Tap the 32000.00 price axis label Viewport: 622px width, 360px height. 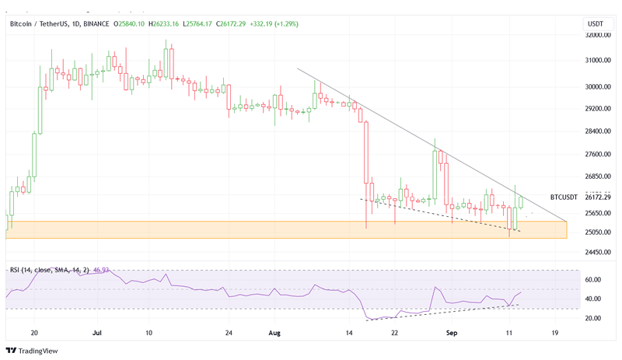(596, 35)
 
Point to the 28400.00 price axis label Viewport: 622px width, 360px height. (596, 131)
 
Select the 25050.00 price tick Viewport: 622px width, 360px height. (596, 232)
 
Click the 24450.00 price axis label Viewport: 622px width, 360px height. (596, 252)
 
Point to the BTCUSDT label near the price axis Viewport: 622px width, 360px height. (563, 197)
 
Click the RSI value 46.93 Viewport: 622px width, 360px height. (100, 270)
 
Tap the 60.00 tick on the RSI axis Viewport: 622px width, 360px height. (593, 280)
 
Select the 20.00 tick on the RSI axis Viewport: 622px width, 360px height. (593, 318)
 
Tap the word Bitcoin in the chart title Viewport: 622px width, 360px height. (23, 23)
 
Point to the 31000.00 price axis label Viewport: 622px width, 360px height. (596, 61)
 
